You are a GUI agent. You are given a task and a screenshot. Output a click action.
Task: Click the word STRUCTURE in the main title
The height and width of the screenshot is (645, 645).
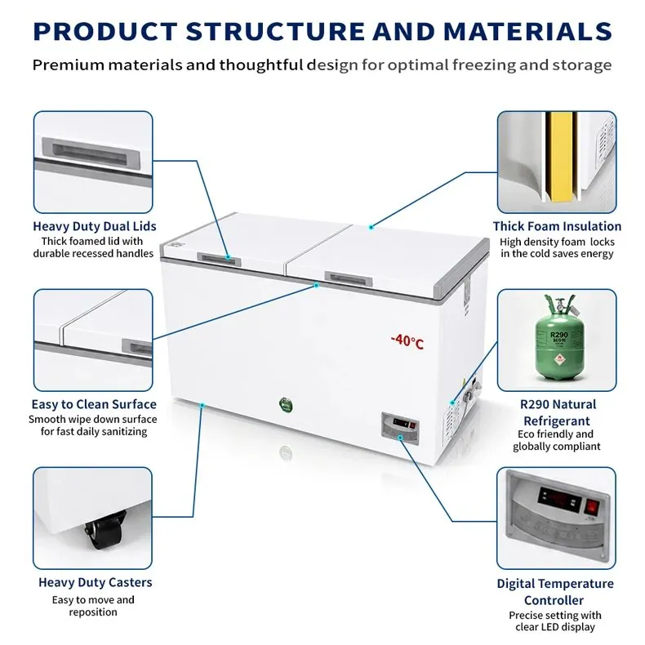(275, 31)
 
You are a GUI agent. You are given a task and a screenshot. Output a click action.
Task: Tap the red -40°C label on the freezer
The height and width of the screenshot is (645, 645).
(407, 341)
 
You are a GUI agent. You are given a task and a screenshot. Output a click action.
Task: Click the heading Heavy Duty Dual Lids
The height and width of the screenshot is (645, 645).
(95, 226)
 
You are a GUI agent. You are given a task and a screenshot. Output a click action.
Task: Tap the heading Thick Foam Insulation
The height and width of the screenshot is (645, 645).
(557, 226)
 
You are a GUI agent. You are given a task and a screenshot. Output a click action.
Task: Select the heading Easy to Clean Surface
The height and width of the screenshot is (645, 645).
(94, 404)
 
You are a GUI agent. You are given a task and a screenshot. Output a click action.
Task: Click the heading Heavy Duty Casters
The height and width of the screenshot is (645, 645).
(95, 582)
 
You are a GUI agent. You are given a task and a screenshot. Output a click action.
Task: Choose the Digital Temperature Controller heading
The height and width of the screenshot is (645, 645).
(555, 592)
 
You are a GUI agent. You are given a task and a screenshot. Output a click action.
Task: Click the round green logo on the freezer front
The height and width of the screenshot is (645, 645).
(286, 406)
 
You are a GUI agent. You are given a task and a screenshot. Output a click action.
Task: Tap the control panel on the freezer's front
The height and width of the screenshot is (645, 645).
(399, 427)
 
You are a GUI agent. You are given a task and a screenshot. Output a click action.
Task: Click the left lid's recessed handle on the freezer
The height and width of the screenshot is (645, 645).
(220, 259)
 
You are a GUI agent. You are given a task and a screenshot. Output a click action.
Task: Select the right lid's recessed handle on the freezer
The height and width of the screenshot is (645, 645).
(349, 279)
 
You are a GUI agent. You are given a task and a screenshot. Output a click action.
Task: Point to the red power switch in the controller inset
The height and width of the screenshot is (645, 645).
(592, 506)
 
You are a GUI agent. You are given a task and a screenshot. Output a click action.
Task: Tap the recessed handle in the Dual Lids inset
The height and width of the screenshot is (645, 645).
(91, 153)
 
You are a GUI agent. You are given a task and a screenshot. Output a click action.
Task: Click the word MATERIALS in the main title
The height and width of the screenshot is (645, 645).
(527, 31)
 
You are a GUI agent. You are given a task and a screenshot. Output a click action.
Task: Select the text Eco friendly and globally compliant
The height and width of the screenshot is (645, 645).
(556, 440)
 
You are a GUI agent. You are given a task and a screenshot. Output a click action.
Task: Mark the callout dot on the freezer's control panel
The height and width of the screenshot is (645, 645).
(400, 438)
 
